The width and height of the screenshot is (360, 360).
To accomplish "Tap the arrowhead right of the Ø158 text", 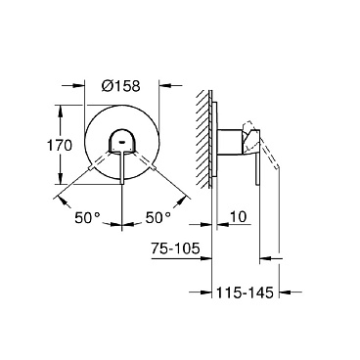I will (160, 84).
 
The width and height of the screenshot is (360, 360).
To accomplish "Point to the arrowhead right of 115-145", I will (285, 291).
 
